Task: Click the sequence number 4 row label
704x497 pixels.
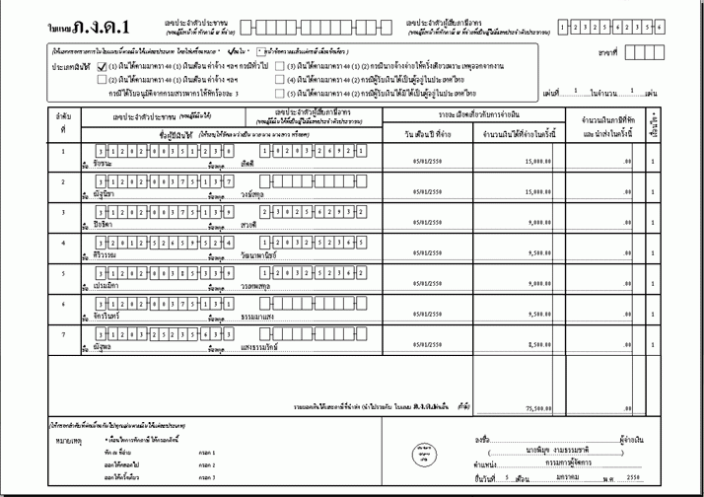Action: point(63,243)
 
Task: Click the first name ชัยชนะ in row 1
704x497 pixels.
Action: point(103,164)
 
